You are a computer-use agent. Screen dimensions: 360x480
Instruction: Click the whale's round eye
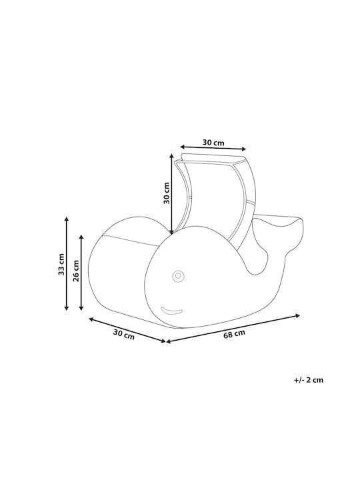[x=177, y=276]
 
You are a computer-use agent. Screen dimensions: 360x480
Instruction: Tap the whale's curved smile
[x=171, y=311]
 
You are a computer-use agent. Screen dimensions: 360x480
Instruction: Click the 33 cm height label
[x=61, y=264]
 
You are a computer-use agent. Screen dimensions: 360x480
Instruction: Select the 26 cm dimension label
[x=76, y=271]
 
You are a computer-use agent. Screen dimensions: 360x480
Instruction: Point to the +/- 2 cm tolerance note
[x=309, y=380]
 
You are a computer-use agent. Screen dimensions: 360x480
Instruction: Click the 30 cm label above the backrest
[x=213, y=143]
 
